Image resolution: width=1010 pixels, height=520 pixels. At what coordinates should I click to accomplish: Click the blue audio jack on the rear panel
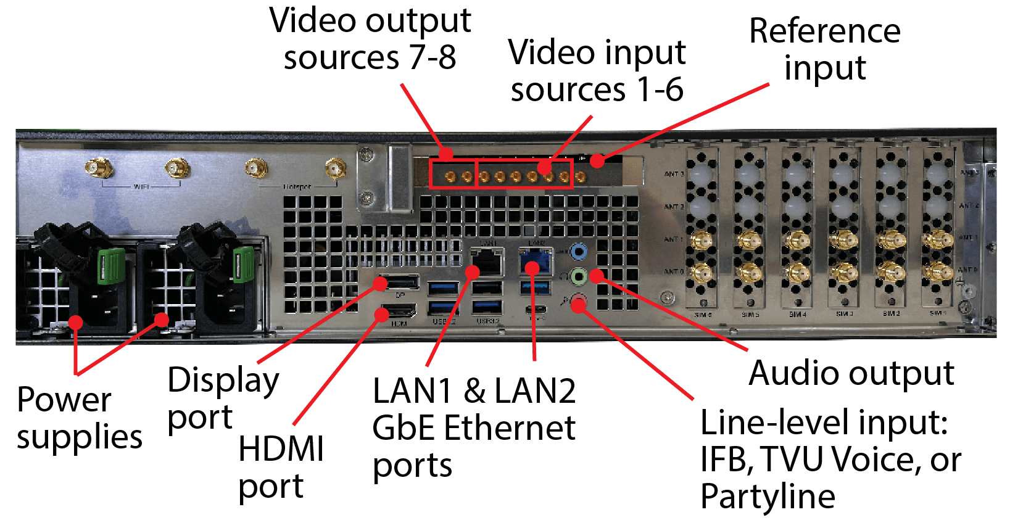tap(578, 252)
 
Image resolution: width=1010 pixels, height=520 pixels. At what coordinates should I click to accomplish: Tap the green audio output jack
tap(578, 276)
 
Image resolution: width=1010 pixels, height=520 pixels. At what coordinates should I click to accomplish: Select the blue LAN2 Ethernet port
tap(535, 262)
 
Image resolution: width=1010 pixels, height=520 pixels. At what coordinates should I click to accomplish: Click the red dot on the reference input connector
tap(597, 160)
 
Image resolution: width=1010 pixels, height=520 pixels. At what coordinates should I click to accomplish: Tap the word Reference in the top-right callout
tap(824, 31)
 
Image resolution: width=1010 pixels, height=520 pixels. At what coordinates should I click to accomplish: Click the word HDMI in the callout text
tap(281, 448)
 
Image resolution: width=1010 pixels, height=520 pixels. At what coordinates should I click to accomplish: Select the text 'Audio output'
tap(851, 373)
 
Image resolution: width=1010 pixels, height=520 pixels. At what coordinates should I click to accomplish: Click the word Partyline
tap(768, 497)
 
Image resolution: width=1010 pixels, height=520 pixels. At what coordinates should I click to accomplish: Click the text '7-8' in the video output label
tap(432, 58)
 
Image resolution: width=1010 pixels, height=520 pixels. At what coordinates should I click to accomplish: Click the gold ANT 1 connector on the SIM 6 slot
tap(701, 240)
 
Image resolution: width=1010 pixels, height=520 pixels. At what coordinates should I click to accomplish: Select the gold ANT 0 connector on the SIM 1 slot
tap(937, 270)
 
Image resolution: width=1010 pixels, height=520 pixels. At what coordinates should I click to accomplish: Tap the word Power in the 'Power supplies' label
tap(64, 400)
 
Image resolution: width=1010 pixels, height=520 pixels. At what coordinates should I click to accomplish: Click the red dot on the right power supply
tap(162, 320)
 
